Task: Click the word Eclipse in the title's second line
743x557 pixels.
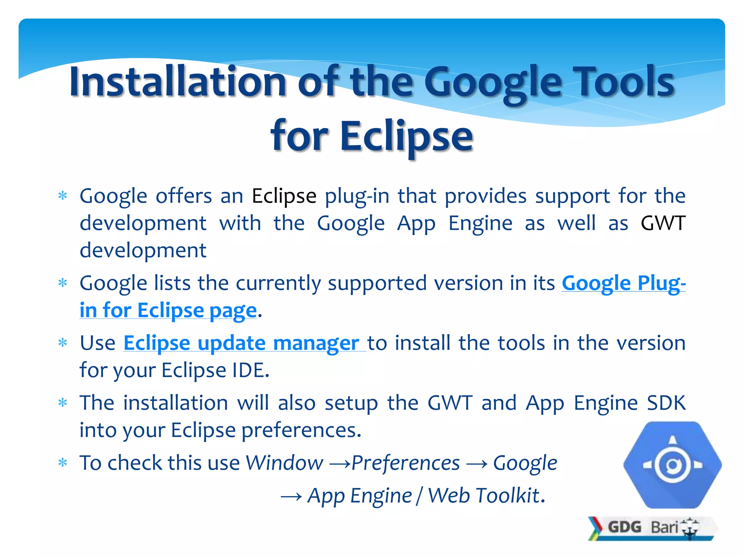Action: tap(406, 136)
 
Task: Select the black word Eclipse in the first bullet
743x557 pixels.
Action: tap(284, 196)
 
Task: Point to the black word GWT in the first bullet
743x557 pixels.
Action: tap(663, 223)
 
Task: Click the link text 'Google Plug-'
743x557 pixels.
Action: tap(623, 283)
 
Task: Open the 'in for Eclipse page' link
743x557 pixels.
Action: tap(168, 311)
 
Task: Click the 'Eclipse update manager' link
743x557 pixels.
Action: tap(241, 343)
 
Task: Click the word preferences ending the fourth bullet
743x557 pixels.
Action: tap(301, 430)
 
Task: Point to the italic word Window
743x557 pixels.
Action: tap(284, 463)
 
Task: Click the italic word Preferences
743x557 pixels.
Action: tap(405, 463)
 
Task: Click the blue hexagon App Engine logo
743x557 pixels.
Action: tap(672, 465)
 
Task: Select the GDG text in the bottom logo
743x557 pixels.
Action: tap(624, 527)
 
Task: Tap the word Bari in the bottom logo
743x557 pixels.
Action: tap(664, 527)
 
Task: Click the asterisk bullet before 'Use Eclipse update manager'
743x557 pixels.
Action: tap(63, 343)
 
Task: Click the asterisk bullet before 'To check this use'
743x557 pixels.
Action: tap(63, 463)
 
